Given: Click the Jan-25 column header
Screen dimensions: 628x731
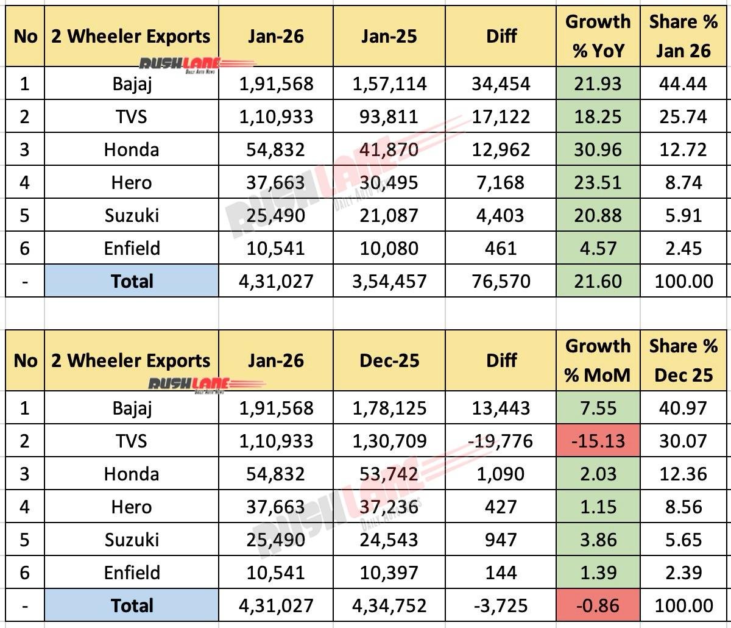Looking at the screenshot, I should click(389, 37).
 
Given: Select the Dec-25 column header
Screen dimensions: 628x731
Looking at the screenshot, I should click(389, 360).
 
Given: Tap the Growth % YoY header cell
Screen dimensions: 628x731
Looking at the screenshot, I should click(598, 36).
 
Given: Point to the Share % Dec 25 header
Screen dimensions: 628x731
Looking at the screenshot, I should click(683, 360).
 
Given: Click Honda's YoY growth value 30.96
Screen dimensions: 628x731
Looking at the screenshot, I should click(598, 149).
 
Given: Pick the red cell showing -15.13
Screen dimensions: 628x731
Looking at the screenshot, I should click(598, 441).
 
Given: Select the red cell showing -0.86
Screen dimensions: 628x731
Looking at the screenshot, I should click(598, 605).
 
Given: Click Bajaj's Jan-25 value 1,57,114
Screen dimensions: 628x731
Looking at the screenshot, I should click(389, 84).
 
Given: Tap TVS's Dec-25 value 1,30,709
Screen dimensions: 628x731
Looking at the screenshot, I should click(389, 441).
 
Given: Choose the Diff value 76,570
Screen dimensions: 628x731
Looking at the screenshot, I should click(501, 281).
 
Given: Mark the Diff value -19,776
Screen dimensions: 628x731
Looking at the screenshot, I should click(501, 441).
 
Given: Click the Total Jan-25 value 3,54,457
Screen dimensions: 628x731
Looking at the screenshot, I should click(389, 281).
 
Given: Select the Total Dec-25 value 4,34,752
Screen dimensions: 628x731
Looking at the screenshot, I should click(389, 605).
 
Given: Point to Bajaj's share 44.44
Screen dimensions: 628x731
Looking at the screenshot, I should click(683, 84).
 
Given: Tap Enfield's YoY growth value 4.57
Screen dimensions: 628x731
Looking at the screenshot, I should click(598, 248).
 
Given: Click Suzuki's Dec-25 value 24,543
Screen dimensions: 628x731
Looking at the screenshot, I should click(389, 540).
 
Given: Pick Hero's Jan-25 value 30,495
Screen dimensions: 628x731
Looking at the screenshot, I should click(389, 182).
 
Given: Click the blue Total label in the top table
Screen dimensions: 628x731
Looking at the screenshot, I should click(132, 281).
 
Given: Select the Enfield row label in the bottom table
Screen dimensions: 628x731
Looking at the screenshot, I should click(132, 573).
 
